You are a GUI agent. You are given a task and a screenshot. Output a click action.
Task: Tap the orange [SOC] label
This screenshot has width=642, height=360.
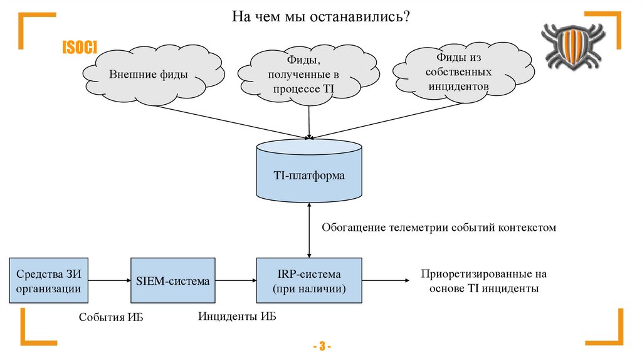[x=79, y=48]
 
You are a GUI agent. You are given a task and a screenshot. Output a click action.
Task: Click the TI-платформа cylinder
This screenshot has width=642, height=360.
[x=308, y=175]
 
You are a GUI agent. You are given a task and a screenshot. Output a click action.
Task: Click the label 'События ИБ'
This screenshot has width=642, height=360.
[x=111, y=317]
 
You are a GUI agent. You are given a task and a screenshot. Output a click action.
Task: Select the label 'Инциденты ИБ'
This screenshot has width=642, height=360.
[x=237, y=315]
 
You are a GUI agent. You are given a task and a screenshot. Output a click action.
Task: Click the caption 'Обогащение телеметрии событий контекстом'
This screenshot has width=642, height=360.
[x=439, y=227]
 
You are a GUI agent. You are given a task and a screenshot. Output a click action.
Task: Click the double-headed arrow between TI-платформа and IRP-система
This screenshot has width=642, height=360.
[x=308, y=230]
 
